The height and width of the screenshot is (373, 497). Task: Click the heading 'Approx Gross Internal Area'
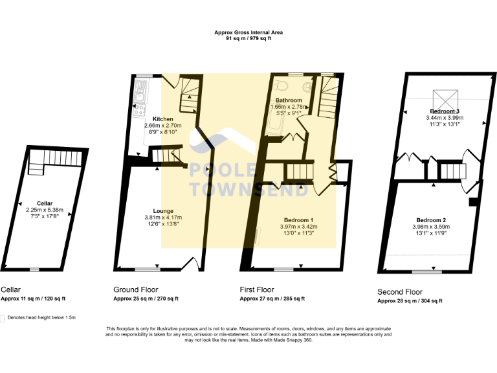click(x=248, y=32)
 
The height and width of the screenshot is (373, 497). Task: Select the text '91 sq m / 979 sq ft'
click(x=248, y=39)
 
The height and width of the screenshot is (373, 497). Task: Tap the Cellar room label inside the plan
click(x=45, y=203)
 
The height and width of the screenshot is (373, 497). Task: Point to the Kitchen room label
click(x=162, y=119)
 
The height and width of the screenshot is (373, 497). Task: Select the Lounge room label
click(x=162, y=210)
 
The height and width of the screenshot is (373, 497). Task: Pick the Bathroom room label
click(x=289, y=100)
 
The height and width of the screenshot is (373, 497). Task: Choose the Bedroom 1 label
click(x=298, y=220)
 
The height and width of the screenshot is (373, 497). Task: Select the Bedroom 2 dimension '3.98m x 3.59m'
click(x=430, y=227)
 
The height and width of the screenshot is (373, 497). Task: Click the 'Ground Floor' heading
click(x=135, y=289)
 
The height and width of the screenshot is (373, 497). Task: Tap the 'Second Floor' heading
click(x=401, y=292)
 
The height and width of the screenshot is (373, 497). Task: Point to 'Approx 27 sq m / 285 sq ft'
click(x=272, y=299)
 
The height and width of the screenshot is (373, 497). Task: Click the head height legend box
click(x=3, y=318)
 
